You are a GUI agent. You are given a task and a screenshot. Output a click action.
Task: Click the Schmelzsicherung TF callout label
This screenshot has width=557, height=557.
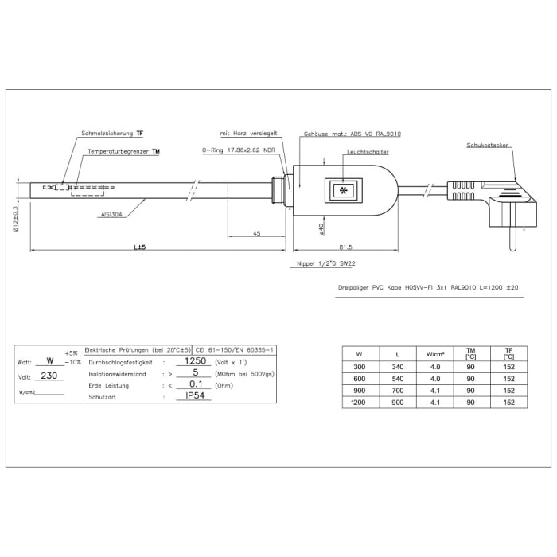tap(113, 134)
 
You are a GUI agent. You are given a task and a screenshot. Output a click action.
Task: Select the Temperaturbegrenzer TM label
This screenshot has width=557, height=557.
tap(123, 150)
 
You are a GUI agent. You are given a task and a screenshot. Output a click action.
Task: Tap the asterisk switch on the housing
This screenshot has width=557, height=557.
tap(344, 192)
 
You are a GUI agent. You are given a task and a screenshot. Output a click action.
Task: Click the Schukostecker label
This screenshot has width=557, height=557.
tap(488, 146)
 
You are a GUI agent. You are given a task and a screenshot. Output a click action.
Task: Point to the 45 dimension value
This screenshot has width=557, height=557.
tap(256, 232)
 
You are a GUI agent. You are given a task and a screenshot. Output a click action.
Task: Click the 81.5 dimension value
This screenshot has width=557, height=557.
tap(345, 247)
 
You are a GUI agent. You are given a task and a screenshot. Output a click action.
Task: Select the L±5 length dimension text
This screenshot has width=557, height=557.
tap(139, 247)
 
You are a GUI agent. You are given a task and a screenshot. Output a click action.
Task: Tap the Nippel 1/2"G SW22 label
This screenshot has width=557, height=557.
tap(325, 263)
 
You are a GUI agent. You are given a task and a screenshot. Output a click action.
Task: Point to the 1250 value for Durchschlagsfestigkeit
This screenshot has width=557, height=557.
tap(190, 360)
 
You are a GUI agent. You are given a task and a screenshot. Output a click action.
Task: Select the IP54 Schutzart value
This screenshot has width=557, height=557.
tap(192, 395)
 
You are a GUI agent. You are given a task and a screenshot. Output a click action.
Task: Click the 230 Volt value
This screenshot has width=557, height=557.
tap(49, 376)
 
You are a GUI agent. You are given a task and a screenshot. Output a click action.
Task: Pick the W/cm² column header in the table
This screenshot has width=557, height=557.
tap(434, 353)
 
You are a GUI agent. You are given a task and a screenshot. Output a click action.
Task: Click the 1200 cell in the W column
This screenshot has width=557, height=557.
tap(359, 403)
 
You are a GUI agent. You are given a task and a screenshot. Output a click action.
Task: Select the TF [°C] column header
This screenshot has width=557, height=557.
tap(508, 353)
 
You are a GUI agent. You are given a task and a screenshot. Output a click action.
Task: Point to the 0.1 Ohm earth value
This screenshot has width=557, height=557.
tap(191, 384)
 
